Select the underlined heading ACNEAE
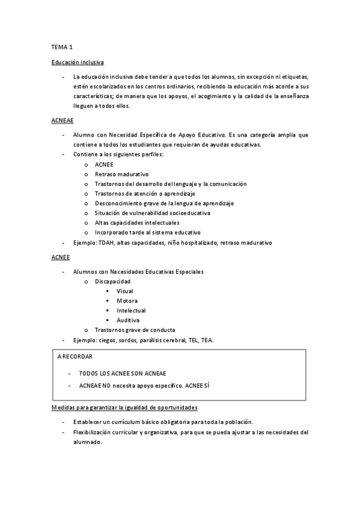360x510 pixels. [x=63, y=120]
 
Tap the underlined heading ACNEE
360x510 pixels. [x=61, y=257]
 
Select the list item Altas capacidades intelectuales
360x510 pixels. [x=137, y=223]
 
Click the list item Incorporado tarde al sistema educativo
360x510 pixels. [x=147, y=232]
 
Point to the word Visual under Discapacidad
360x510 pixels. [x=125, y=291]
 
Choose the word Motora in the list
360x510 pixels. [x=127, y=301]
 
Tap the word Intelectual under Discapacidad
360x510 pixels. [x=131, y=310]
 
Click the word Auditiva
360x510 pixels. [x=128, y=320]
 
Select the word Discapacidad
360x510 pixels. [x=112, y=281]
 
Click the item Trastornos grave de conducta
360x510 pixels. [x=135, y=330]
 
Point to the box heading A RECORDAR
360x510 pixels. [x=75, y=357]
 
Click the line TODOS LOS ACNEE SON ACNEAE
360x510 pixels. [x=123, y=373]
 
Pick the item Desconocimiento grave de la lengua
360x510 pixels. [x=164, y=203]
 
